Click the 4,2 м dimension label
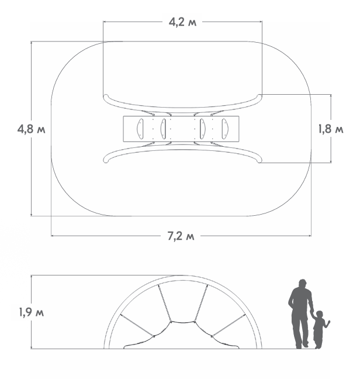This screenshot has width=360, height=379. [x=182, y=22]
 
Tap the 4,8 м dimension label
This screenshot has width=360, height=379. [x=31, y=129]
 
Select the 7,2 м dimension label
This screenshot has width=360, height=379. [x=181, y=236]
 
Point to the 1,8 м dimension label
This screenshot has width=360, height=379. [x=331, y=129]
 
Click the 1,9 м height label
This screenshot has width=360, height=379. [x=32, y=312]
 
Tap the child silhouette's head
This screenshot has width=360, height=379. [x=319, y=315]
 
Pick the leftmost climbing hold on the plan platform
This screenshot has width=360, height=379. [x=140, y=129]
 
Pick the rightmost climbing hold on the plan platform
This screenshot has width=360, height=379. [x=225, y=129]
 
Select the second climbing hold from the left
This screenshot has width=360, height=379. [x=164, y=129]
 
